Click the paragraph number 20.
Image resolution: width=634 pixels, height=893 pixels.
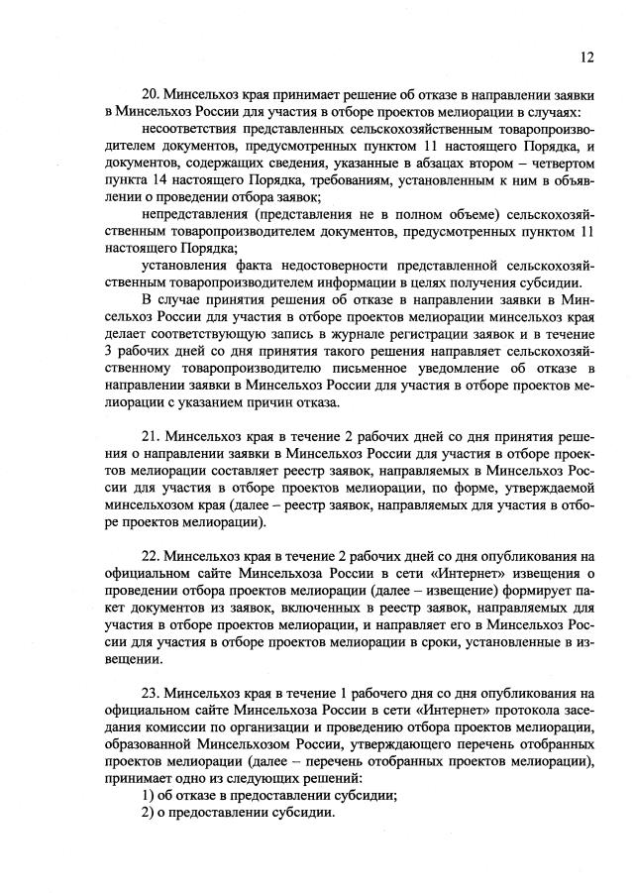(x=152, y=94)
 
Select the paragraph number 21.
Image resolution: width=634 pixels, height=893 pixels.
(x=152, y=435)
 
